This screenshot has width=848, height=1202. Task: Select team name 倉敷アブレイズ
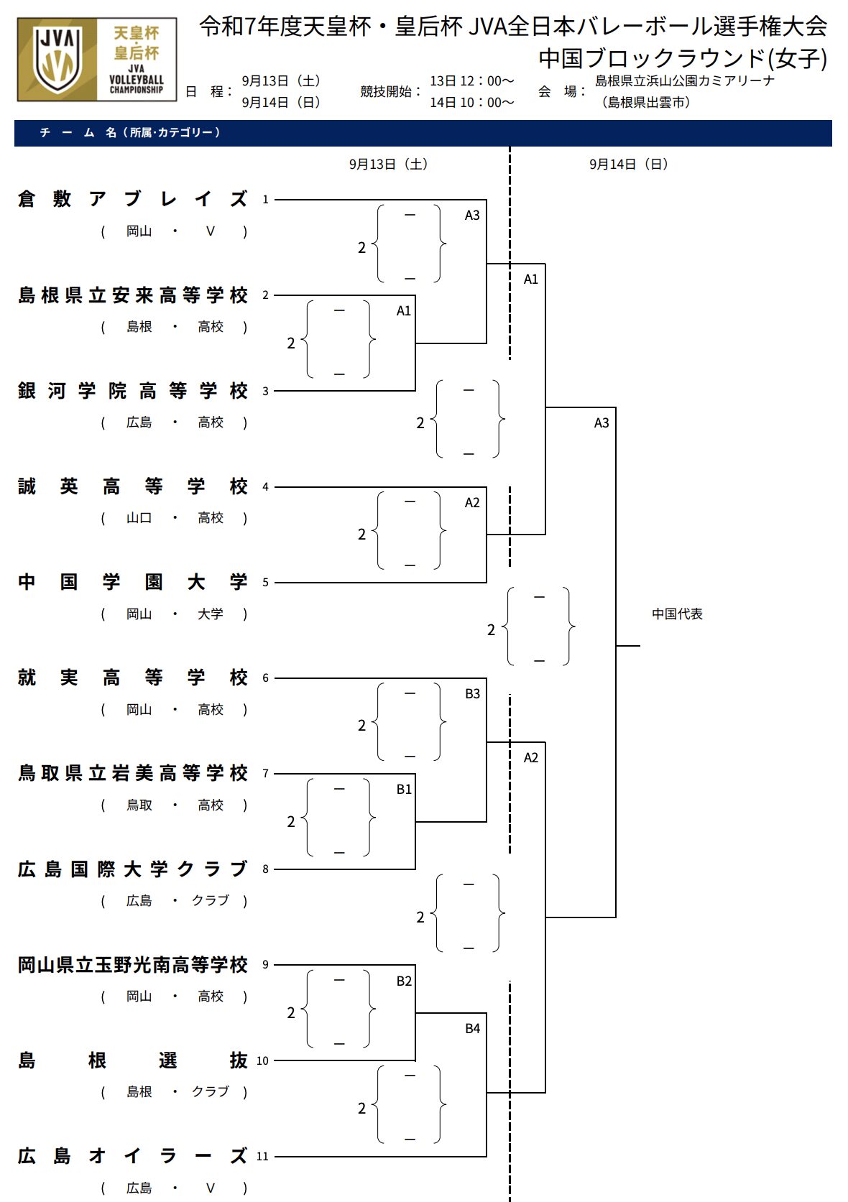pyautogui.click(x=133, y=199)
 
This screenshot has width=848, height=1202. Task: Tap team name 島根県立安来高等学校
pyautogui.click(x=133, y=295)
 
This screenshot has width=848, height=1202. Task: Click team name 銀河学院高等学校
pyautogui.click(x=133, y=391)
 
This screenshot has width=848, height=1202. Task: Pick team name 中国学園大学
pyautogui.click(x=133, y=582)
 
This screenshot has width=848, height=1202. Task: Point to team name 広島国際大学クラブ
pyautogui.click(x=133, y=869)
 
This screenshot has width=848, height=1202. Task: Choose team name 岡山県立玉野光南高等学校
pyautogui.click(x=133, y=965)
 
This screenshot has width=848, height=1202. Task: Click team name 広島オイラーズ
pyautogui.click(x=133, y=1156)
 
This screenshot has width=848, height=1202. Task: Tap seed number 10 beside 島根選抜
pyautogui.click(x=262, y=1060)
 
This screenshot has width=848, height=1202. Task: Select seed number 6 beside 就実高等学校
pyautogui.click(x=265, y=678)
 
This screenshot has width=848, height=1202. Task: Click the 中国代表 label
pyautogui.click(x=677, y=614)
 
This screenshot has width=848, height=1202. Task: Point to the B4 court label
pyautogui.click(x=472, y=1029)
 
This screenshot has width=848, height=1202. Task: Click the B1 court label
pyautogui.click(x=404, y=790)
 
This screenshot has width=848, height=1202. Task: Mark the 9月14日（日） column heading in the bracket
pyautogui.click(x=629, y=165)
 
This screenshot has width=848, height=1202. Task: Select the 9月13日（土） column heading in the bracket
pyautogui.click(x=389, y=165)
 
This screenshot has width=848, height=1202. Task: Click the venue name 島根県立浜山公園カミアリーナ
pyautogui.click(x=685, y=81)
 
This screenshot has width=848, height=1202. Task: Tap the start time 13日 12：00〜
pyautogui.click(x=472, y=81)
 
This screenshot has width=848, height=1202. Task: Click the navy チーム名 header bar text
pyautogui.click(x=130, y=133)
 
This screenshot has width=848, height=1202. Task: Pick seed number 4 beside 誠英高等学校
pyautogui.click(x=265, y=486)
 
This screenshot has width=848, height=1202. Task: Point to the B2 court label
pyautogui.click(x=404, y=981)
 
